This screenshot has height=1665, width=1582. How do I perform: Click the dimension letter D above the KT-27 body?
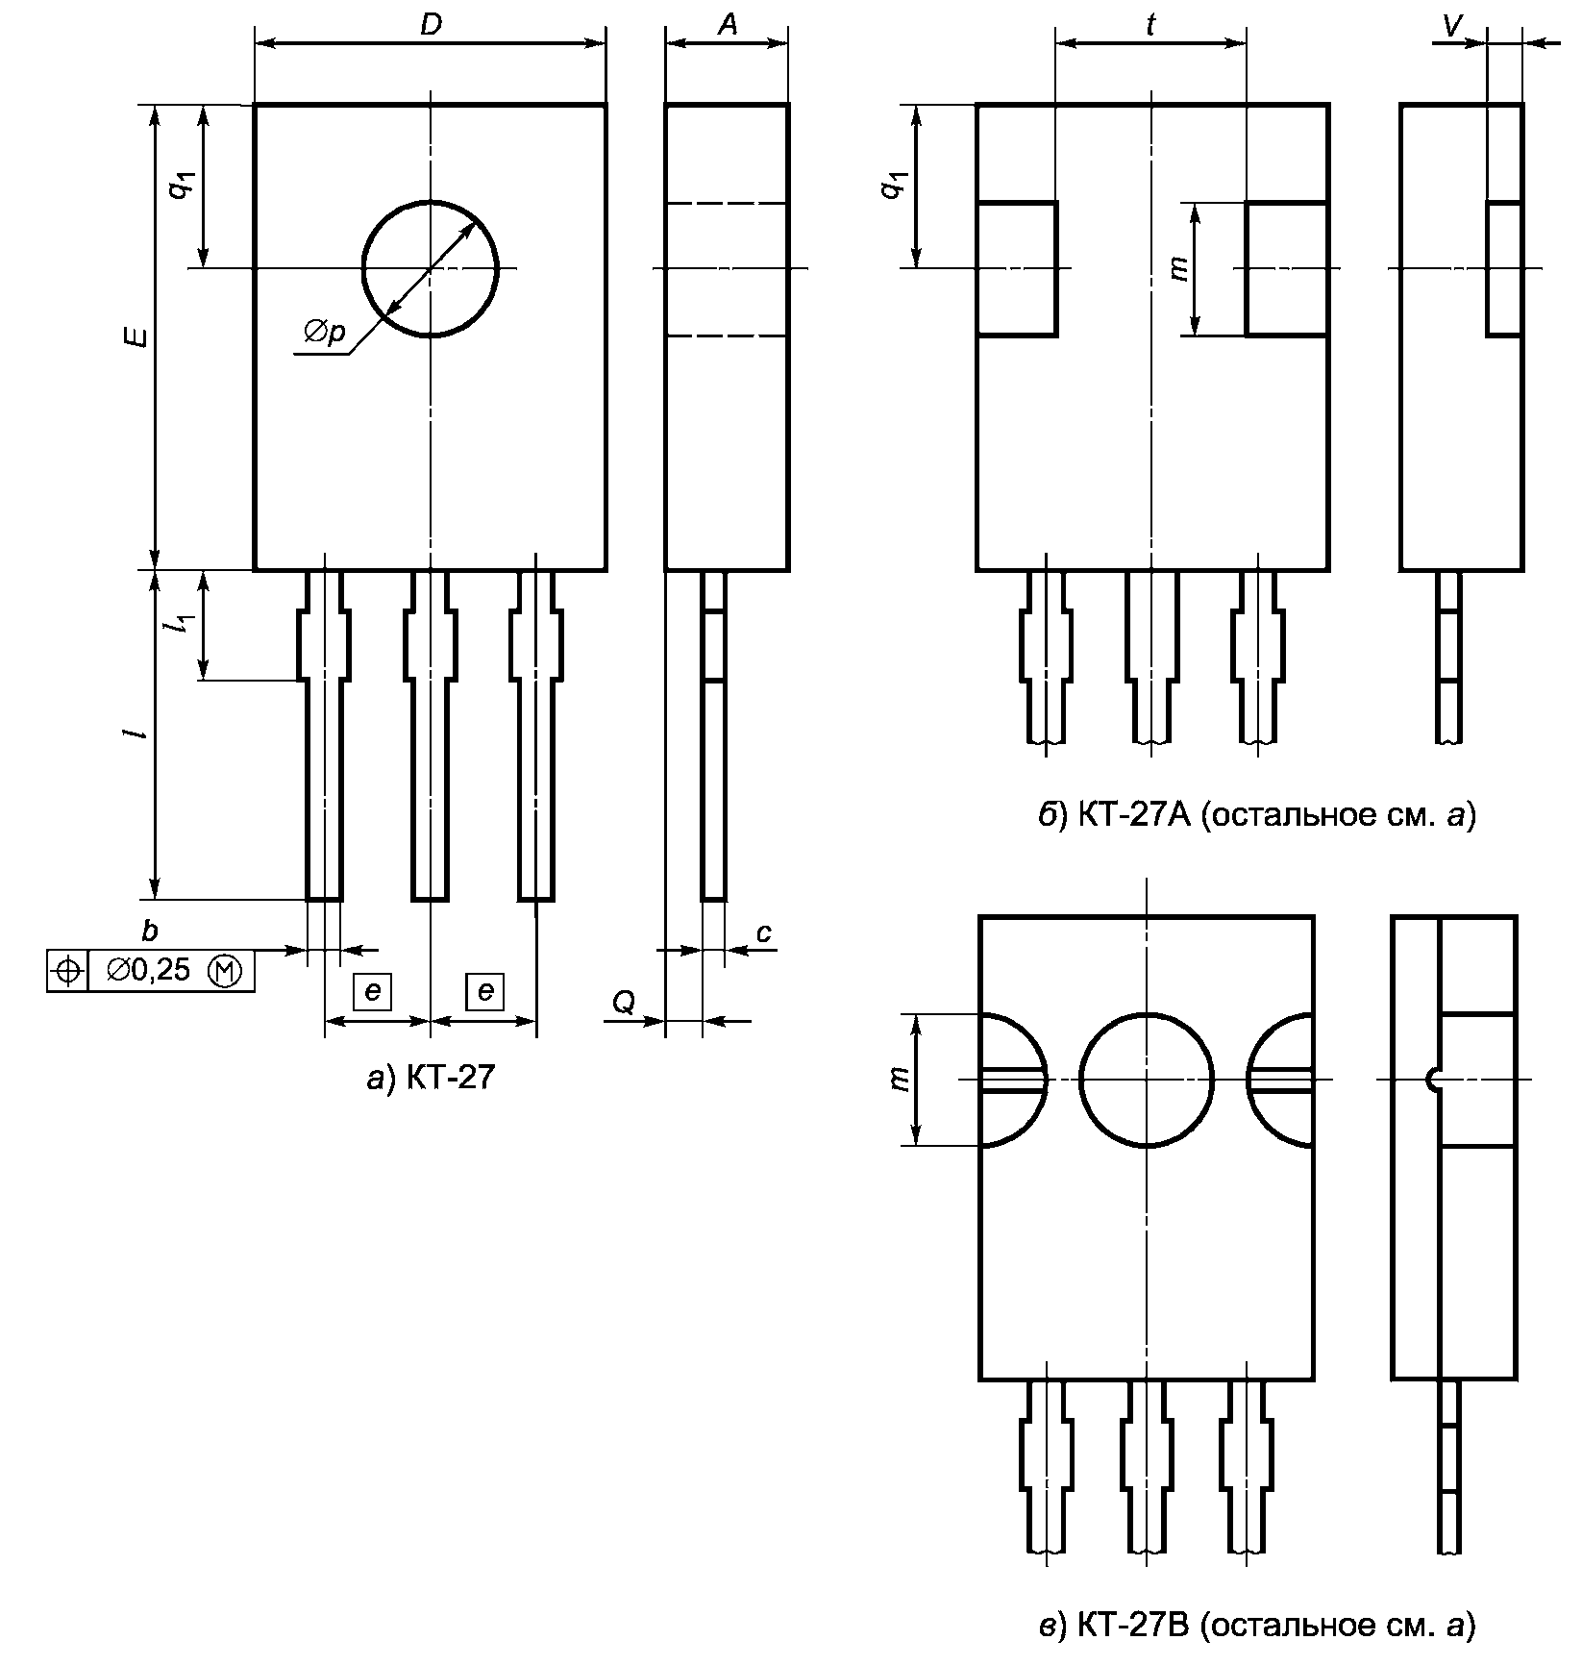pos(432,25)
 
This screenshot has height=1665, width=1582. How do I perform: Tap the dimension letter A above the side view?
pos(728,25)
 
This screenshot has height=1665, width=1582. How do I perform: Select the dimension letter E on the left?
pos(139,336)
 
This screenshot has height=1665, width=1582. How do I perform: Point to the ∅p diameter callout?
pos(325,333)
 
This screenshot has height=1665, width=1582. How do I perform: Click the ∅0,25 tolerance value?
pos(149,971)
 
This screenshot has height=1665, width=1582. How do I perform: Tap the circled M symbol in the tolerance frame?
pos(226,971)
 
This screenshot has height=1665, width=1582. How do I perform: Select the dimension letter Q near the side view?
pos(623,1004)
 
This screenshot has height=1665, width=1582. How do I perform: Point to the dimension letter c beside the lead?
pos(763,932)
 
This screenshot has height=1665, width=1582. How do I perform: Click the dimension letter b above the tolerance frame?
pos(149,930)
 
